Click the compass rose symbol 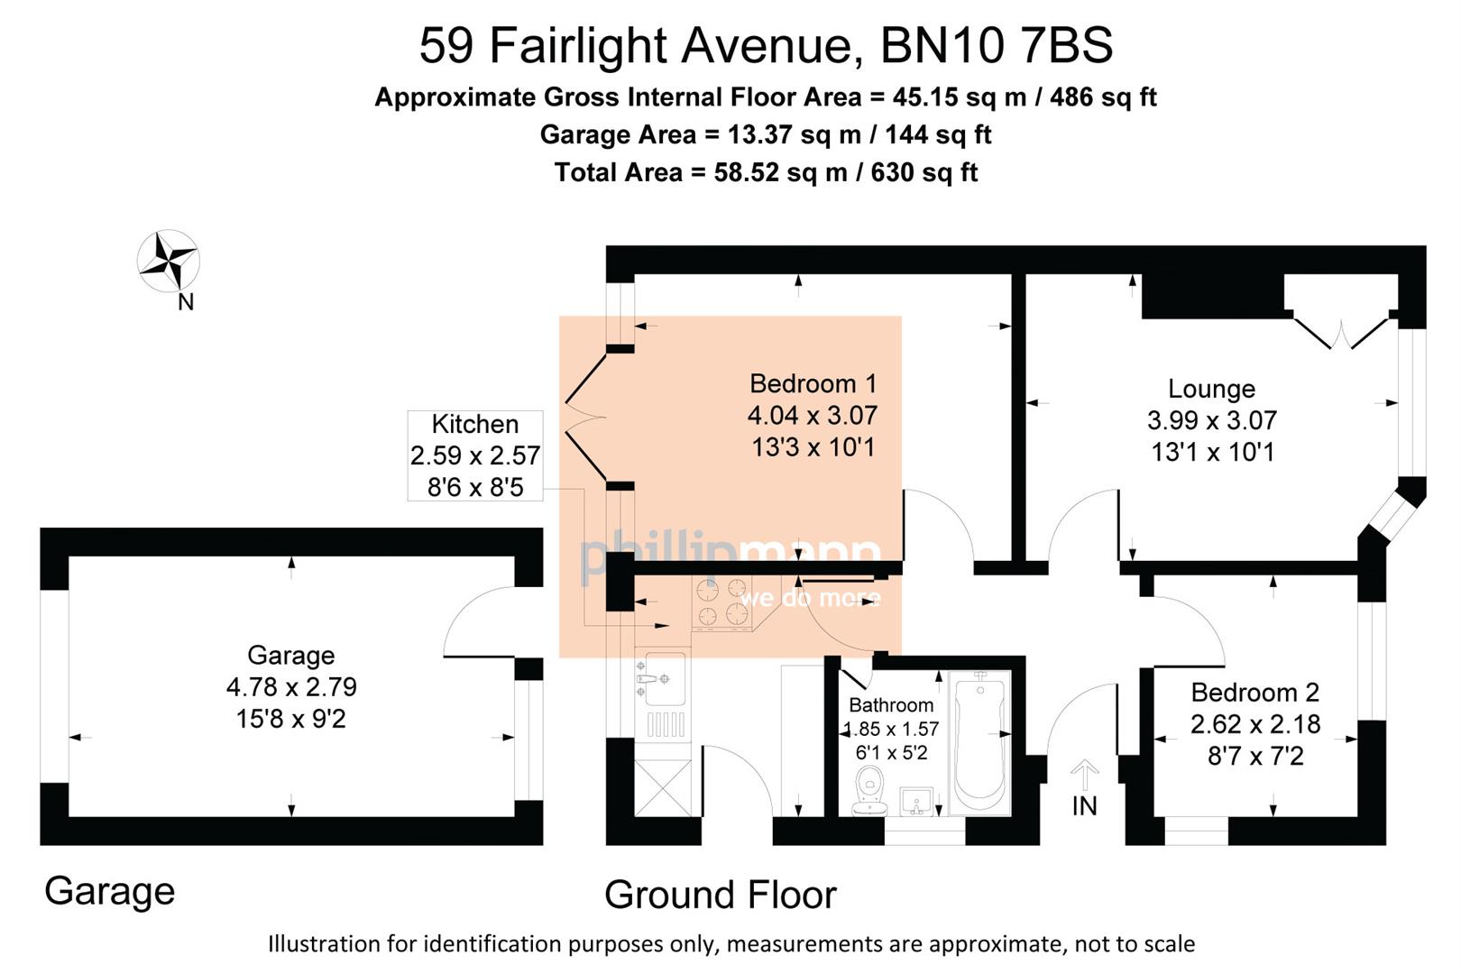168,262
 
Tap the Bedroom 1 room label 813,383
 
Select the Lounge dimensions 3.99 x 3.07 1211,420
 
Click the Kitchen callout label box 475,455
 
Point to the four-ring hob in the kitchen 722,602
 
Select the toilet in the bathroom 870,790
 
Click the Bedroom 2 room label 1254,693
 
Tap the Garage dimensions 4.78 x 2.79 291,687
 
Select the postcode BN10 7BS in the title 997,45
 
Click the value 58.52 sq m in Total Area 780,172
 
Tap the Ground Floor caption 720,895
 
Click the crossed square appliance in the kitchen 663,788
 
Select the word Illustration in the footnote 324,944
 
